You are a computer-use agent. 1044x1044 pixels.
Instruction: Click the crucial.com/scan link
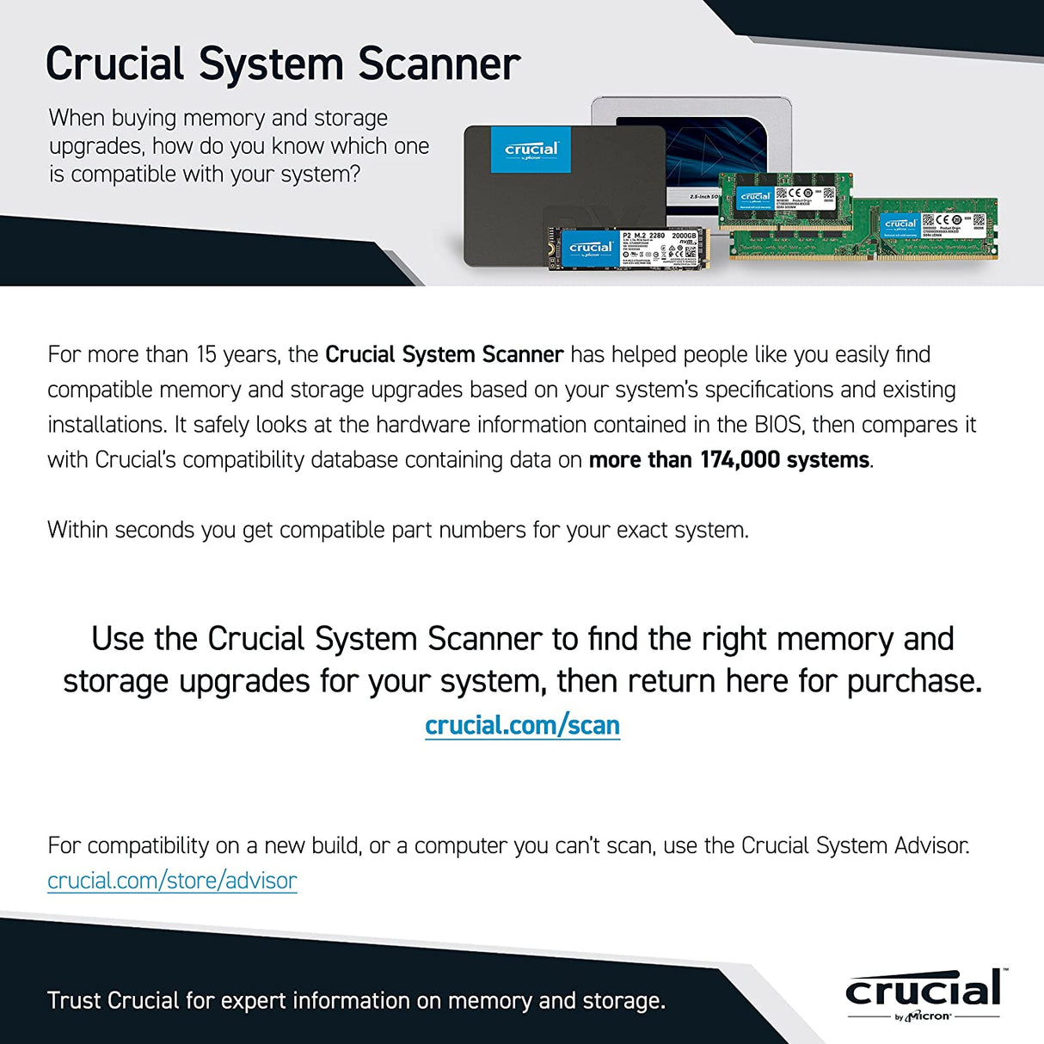point(522,725)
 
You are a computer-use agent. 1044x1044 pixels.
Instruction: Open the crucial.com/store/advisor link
point(172,881)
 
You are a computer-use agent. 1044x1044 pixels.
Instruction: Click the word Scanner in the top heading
point(439,64)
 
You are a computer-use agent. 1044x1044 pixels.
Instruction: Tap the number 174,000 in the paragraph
point(740,460)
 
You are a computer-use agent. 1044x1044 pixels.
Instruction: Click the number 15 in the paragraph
point(206,354)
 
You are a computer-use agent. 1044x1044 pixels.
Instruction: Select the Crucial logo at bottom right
point(924,994)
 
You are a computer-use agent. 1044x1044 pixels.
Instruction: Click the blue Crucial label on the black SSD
point(531,150)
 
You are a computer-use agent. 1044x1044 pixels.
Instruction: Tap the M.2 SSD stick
point(628,249)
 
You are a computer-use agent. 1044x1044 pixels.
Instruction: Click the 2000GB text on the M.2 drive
point(684,235)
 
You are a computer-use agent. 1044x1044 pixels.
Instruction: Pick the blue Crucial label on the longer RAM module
point(900,224)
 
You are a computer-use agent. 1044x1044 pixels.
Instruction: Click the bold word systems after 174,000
point(828,460)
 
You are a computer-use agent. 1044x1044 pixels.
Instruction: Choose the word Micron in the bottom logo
point(929,1016)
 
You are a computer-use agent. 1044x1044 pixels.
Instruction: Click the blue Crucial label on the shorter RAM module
point(755,198)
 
